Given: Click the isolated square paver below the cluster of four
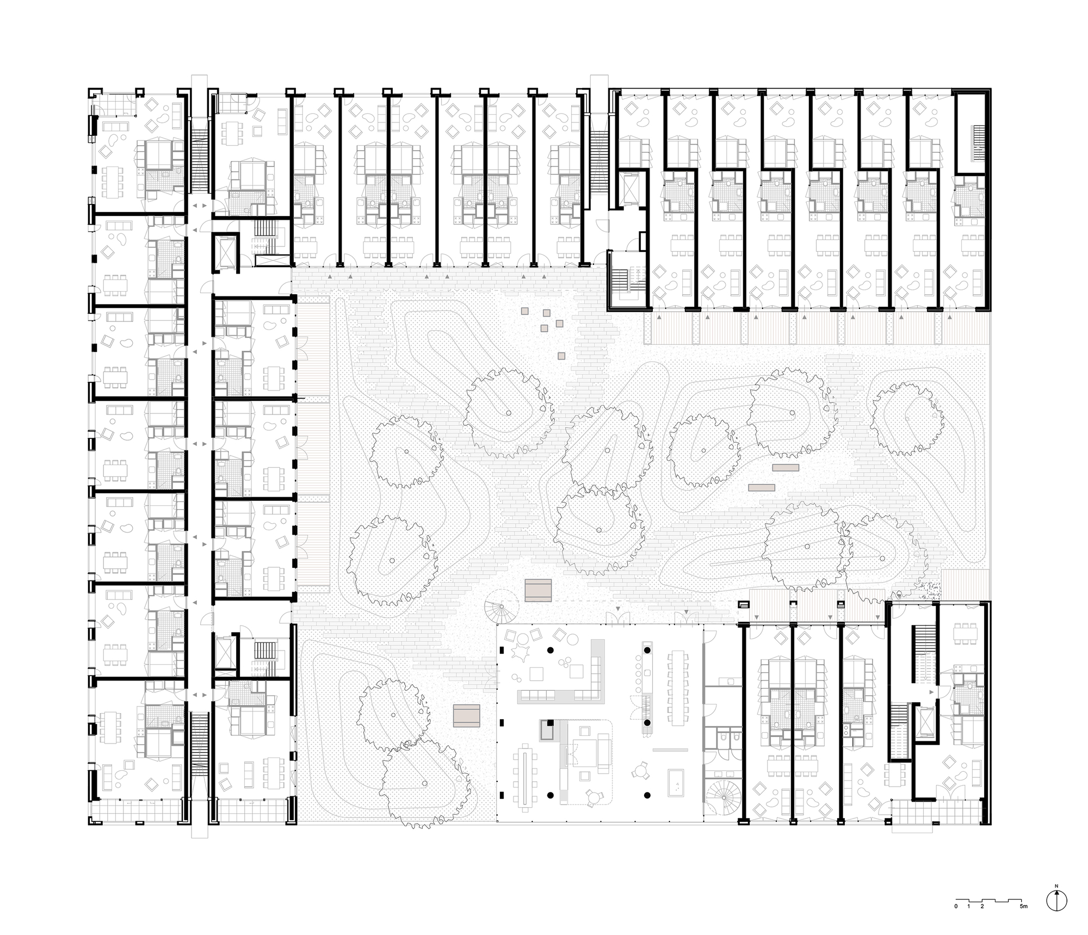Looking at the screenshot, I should click(561, 356).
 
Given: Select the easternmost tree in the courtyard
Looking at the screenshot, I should click(907, 417).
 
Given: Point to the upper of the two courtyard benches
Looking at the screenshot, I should click(785, 467).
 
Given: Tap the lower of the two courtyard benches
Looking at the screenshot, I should click(762, 487).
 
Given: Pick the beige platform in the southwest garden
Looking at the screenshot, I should click(467, 715).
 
